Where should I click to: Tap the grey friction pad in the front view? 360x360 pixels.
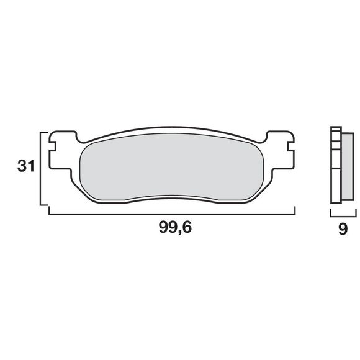pyautogui.click(x=174, y=168)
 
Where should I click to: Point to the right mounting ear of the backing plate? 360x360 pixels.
pyautogui.click(x=281, y=149)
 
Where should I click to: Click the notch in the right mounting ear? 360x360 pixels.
pyautogui.click(x=289, y=148)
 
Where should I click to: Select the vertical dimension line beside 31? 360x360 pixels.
pyautogui.click(x=41, y=168)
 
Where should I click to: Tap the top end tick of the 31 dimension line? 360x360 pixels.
pyautogui.click(x=44, y=132)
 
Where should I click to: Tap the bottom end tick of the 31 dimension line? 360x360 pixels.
pyautogui.click(x=44, y=204)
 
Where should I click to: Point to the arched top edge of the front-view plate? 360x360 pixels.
pyautogui.click(x=174, y=130)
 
